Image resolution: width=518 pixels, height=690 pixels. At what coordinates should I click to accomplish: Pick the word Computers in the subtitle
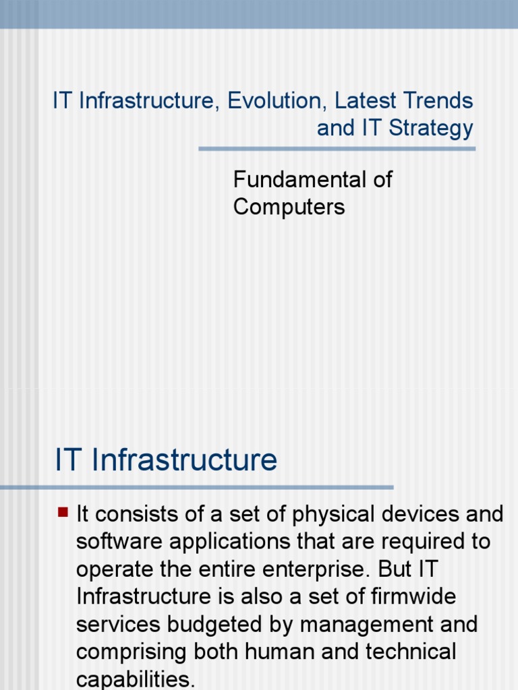(289, 207)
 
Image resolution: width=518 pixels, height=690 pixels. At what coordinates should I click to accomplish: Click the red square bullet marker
(63, 512)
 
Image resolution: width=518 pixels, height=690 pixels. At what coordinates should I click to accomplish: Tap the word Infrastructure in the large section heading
(183, 460)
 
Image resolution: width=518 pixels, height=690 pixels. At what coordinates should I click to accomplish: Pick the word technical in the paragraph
(407, 652)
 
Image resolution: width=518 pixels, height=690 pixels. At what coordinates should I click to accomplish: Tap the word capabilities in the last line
(135, 679)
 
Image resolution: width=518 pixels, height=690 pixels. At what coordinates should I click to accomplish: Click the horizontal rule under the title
(337, 149)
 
